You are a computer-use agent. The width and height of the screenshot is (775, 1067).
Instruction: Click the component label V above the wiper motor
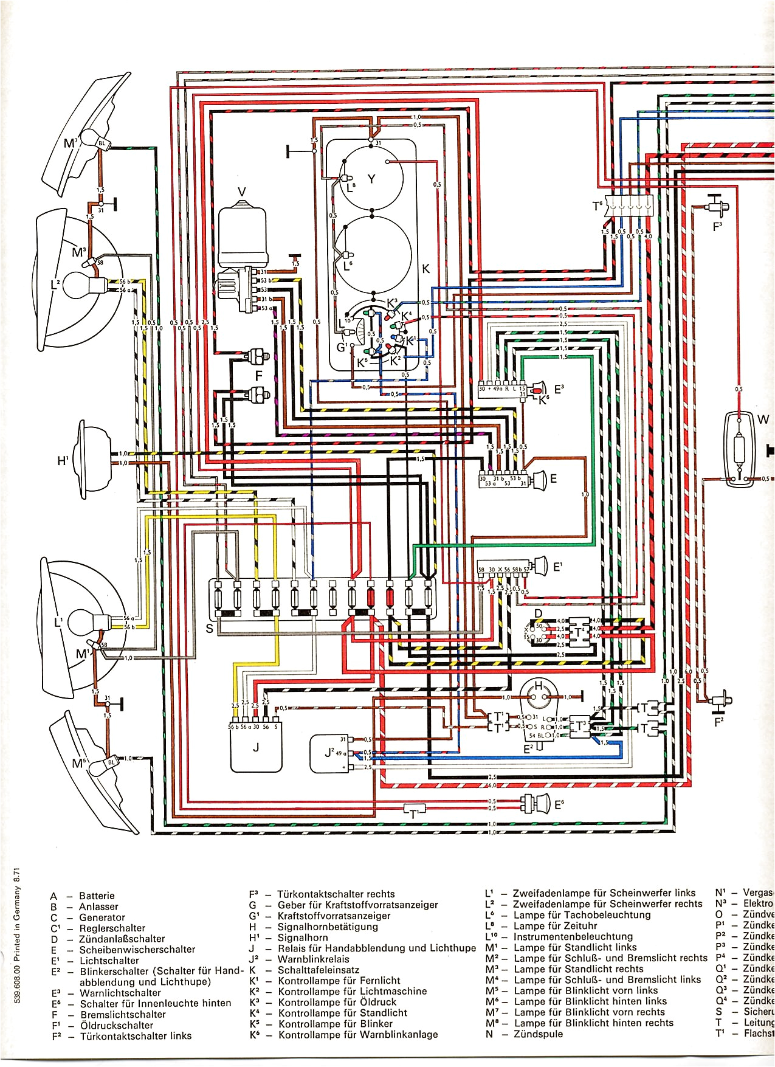[242, 192]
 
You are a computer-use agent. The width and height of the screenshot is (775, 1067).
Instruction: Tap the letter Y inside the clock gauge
[371, 179]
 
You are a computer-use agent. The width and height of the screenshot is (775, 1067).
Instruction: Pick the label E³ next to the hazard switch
[559, 387]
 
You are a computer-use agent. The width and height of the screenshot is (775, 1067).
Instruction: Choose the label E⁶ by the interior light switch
[559, 805]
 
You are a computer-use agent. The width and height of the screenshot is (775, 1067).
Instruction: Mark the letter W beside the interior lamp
[763, 420]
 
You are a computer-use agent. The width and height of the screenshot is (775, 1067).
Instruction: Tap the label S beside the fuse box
[210, 628]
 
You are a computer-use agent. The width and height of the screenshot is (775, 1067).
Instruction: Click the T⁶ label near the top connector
[598, 207]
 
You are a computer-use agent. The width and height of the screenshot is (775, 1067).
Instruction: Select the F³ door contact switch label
[717, 226]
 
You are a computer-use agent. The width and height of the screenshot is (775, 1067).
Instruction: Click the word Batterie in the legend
[97, 896]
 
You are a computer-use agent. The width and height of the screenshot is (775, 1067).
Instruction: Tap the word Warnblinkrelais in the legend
[314, 959]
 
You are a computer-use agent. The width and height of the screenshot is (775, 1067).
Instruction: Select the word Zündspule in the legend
[538, 1034]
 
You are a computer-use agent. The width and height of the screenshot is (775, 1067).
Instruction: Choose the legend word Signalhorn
[303, 938]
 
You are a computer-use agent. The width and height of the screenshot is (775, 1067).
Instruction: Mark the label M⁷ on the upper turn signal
[71, 143]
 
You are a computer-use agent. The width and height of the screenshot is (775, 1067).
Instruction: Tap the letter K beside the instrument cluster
[425, 269]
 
